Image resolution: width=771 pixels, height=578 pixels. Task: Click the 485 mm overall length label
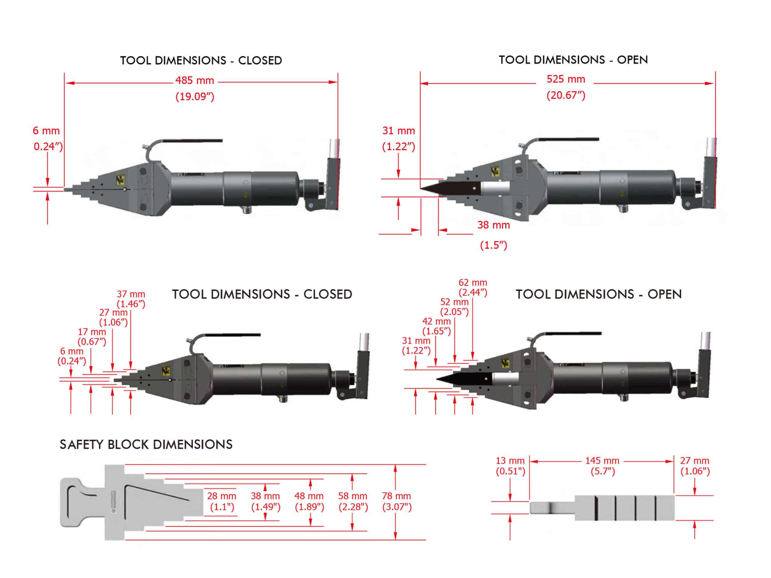tap(195, 80)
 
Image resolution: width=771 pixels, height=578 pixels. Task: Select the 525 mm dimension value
tap(566, 79)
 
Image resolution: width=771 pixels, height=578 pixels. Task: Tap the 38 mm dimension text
tap(494, 225)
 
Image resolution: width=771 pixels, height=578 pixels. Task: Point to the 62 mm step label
tap(473, 283)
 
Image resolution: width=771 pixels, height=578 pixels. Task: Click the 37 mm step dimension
tap(131, 294)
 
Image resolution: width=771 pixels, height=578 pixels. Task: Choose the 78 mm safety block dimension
tap(396, 496)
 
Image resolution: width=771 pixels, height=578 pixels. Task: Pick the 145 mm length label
tap(602, 461)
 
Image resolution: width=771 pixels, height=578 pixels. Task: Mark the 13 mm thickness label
tap(510, 461)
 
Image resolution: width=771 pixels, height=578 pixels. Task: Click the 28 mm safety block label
tap(222, 496)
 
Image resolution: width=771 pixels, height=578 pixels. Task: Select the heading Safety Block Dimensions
tap(146, 445)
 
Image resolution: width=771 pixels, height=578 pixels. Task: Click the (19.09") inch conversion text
tap(195, 97)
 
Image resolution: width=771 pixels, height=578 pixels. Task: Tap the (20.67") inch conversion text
tap(566, 95)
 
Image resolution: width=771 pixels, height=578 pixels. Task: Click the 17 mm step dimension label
tap(92, 332)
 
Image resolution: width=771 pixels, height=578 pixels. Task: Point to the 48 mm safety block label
tap(309, 496)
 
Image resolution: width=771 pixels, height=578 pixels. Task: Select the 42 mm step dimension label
tap(436, 321)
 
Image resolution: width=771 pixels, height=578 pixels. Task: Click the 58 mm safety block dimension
tap(353, 496)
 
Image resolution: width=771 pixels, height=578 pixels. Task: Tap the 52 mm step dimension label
tap(454, 302)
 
